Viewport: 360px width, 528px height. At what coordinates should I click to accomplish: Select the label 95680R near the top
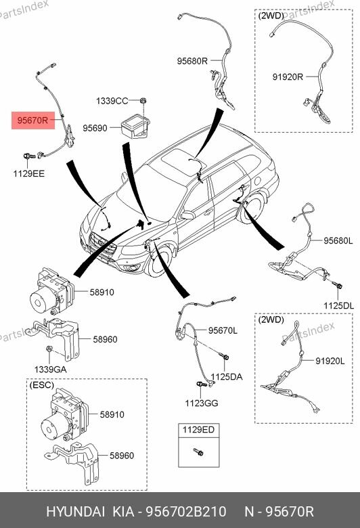[192, 61]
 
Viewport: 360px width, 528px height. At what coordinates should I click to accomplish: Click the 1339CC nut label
[112, 101]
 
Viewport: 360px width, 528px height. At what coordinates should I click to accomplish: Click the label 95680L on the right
[338, 240]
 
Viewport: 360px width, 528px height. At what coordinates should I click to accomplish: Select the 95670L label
[223, 330]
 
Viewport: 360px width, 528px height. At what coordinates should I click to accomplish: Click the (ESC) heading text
[43, 384]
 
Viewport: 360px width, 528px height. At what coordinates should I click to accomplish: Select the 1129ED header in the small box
[198, 429]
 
